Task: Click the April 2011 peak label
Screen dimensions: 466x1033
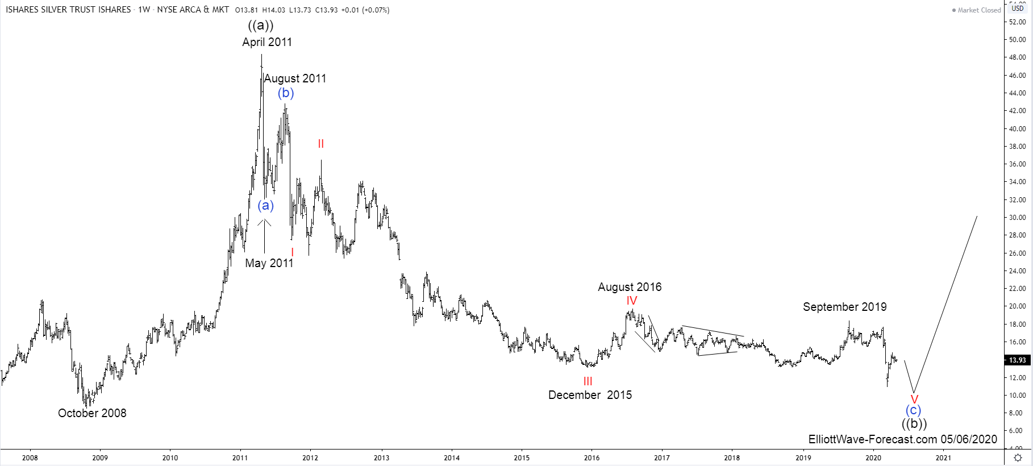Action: pos(267,42)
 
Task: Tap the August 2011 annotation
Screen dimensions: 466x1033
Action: pos(295,78)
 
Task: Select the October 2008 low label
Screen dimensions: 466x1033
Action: pos(92,413)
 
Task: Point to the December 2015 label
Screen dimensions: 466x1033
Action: pos(590,395)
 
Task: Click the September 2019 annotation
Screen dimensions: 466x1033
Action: pos(844,307)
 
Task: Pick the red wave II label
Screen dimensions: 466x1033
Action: pos(321,144)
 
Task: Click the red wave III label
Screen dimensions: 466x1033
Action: pos(588,381)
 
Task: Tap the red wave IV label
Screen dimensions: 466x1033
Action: pos(632,301)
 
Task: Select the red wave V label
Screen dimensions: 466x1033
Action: pos(914,400)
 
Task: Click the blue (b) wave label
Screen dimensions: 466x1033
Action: pos(286,93)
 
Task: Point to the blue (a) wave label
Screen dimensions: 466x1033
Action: pos(265,205)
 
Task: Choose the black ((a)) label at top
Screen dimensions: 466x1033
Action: pos(261,25)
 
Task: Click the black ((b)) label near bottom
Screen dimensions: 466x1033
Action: pos(914,424)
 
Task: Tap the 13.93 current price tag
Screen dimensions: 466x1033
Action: pos(1017,360)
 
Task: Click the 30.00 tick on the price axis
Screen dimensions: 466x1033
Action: pos(1017,218)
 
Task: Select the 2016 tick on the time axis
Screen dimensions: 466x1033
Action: pos(592,457)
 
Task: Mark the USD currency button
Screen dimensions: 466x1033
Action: pos(1017,8)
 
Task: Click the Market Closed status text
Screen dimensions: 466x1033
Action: pos(979,10)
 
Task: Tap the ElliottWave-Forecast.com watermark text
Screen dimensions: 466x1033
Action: pos(902,439)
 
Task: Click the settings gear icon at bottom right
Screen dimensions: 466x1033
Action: pos(1018,457)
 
